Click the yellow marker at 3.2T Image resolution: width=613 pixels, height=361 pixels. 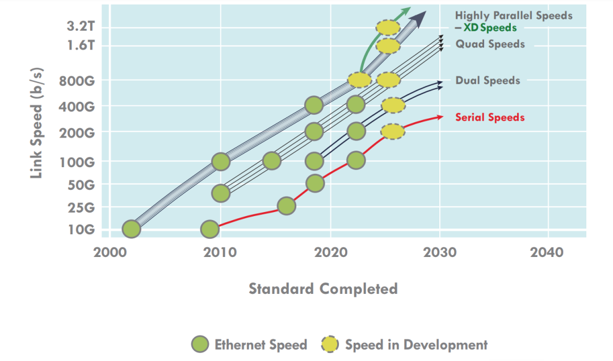point(388,27)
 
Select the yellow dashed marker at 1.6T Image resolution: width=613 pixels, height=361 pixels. point(388,45)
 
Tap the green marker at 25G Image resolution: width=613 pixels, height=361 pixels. point(287,206)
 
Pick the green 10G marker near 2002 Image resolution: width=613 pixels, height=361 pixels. point(131,229)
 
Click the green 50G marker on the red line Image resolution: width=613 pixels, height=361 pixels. point(315,183)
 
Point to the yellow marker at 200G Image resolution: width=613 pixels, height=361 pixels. point(393,131)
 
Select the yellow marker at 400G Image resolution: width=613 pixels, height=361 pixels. point(393,105)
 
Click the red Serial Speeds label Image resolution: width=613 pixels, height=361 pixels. point(490,118)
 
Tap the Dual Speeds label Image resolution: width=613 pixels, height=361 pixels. point(488,81)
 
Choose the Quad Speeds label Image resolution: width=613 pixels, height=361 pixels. point(490,44)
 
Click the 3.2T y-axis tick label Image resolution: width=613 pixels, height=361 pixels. point(80,26)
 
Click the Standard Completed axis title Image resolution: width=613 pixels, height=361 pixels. point(323,289)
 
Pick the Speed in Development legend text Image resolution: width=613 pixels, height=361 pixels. point(416,345)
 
